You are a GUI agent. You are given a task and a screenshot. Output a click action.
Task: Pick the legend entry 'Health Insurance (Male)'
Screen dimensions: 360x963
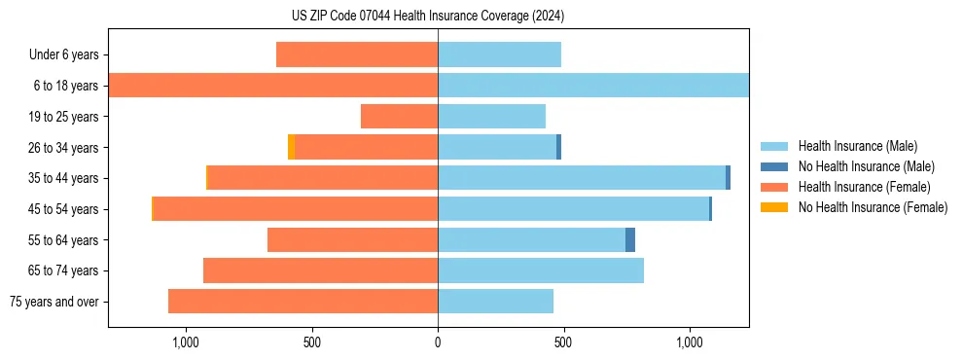(x=857, y=146)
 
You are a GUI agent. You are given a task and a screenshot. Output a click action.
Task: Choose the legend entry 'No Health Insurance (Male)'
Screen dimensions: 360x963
(x=866, y=166)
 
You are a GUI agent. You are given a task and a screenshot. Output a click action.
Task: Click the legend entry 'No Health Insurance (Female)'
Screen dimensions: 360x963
(x=873, y=207)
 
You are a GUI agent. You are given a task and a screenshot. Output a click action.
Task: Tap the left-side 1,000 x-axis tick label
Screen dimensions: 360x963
(x=185, y=342)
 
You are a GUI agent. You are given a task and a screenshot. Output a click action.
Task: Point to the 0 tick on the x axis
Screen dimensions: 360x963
(x=438, y=342)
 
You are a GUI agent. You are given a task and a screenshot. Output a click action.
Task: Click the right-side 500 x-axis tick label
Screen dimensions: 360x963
(x=563, y=342)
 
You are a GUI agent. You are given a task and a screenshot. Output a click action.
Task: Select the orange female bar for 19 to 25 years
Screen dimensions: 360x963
(x=399, y=117)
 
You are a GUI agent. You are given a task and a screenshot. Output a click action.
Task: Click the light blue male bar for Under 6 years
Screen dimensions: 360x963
(x=499, y=54)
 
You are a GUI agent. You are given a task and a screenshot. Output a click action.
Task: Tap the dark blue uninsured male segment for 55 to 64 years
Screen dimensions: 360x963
(x=630, y=239)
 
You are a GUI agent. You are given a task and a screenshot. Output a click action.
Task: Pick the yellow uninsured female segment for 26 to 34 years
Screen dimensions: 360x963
(x=291, y=147)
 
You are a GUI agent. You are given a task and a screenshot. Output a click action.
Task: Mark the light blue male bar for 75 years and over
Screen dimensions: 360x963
(x=495, y=302)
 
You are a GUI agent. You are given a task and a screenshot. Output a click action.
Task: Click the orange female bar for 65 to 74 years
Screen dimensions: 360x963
(x=320, y=270)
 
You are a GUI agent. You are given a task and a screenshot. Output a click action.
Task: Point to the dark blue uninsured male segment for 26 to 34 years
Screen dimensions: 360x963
(x=558, y=147)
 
